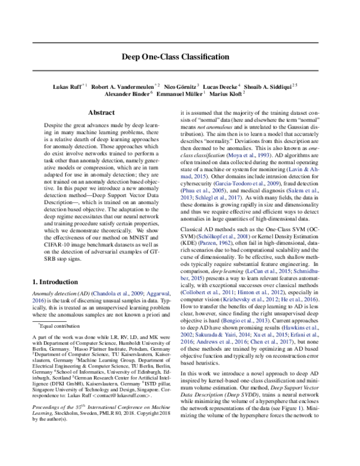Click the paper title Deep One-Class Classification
pyautogui.click(x=180, y=57)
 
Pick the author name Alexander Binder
pyautogui.click(x=131, y=94)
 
